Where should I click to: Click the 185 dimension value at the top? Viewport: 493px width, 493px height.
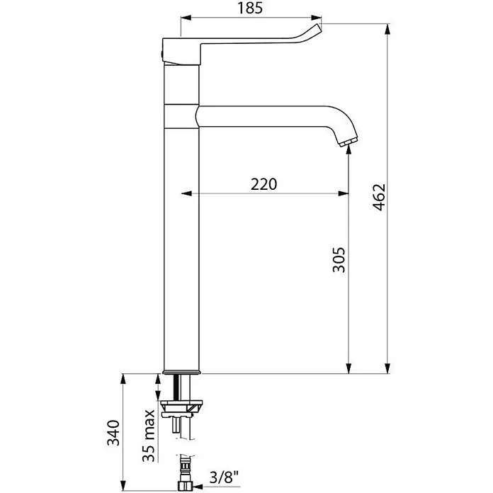(250, 8)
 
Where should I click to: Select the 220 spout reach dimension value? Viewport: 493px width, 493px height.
(263, 184)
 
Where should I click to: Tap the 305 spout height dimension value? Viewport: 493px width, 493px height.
(339, 260)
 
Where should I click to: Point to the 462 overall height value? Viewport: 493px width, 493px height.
(379, 197)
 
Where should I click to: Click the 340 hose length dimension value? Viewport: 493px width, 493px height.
(113, 433)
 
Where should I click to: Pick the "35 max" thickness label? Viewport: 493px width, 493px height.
(149, 435)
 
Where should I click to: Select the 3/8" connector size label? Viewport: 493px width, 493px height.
(224, 478)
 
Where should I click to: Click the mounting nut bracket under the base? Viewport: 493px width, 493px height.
(182, 408)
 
